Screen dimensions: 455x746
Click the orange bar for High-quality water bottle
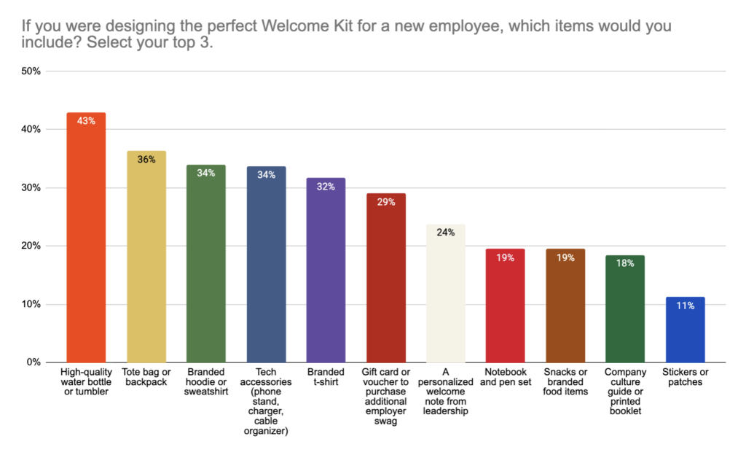[x=86, y=241]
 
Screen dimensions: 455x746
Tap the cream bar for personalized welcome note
[x=446, y=295]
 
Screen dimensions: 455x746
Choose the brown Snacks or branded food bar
[x=565, y=306]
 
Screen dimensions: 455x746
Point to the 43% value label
[x=86, y=121]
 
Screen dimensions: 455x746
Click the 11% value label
[x=685, y=306]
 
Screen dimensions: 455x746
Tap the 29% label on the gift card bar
[x=386, y=202]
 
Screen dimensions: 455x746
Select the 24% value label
[x=446, y=233]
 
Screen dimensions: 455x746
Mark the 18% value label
[x=625, y=263]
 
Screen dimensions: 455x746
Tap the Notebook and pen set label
[x=506, y=377]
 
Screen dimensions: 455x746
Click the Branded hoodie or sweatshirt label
[x=206, y=382]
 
